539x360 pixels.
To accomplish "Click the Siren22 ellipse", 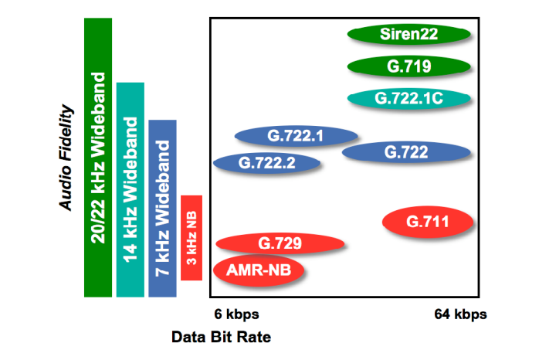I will pyautogui.click(x=408, y=34).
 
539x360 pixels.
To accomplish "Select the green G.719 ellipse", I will pyautogui.click(x=408, y=66).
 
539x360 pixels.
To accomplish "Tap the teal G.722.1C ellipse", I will pyautogui.click(x=408, y=99).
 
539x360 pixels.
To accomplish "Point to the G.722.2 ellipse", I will pyautogui.click(x=267, y=162).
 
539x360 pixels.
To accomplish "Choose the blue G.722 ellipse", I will pyautogui.click(x=406, y=152).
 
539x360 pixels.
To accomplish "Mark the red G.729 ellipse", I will pyautogui.click(x=280, y=245).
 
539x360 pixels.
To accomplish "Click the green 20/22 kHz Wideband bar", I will pyautogui.click(x=98, y=158).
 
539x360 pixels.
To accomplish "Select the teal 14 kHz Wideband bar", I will pyautogui.click(x=130, y=188).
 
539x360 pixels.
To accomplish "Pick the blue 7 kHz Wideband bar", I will pyautogui.click(x=163, y=208).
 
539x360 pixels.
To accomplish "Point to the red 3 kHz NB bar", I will pyautogui.click(x=192, y=238).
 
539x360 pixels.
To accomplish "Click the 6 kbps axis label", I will pyautogui.click(x=236, y=314).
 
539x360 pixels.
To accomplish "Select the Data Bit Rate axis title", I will pyautogui.click(x=221, y=338).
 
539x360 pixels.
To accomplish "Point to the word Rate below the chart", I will pyautogui.click(x=256, y=338).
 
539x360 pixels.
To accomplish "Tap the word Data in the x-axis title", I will pyautogui.click(x=187, y=338).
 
